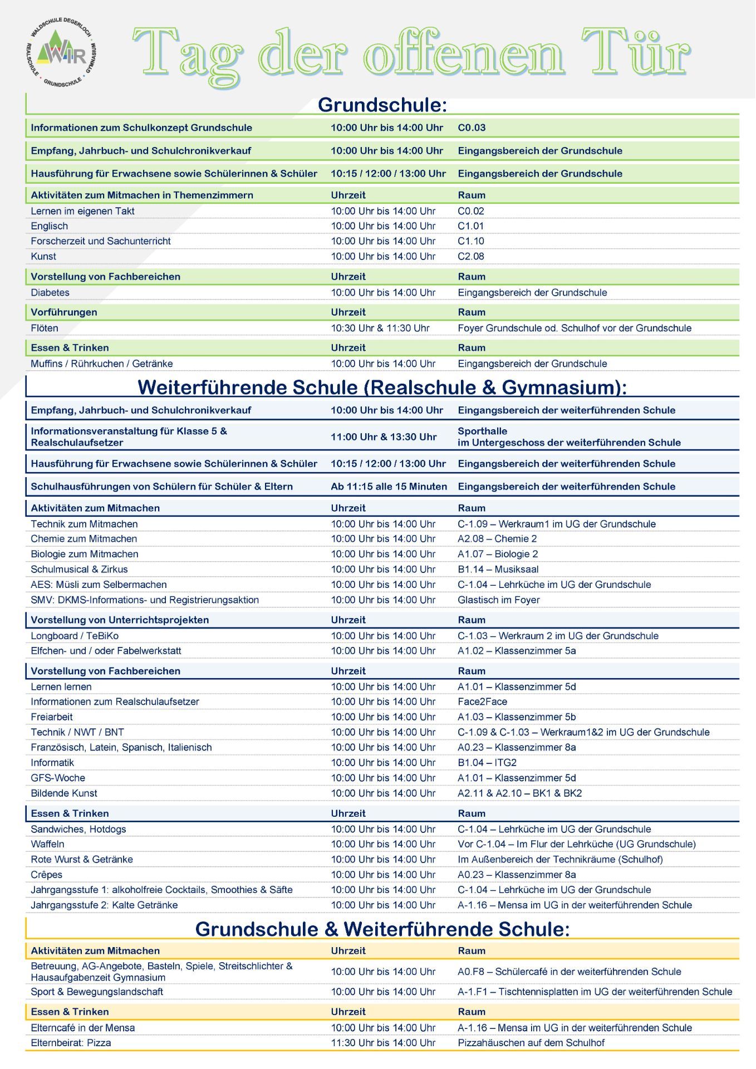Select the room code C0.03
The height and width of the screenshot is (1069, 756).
tap(472, 128)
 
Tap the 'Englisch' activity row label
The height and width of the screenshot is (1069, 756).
tap(50, 226)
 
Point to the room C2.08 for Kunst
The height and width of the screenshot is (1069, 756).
tap(471, 257)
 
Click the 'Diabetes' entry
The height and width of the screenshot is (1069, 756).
tap(50, 293)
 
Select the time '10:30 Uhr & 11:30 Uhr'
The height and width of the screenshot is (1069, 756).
tap(380, 328)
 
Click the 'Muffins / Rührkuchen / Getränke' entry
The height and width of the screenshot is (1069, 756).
tap(102, 364)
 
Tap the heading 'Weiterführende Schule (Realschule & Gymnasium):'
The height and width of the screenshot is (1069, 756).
tap(382, 388)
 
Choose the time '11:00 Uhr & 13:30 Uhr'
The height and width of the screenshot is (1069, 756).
tap(384, 437)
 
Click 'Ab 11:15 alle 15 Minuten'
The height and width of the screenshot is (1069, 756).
tap(389, 487)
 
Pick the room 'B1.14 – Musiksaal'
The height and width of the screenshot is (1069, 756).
tap(498, 570)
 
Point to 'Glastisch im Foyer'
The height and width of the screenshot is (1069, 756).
tap(499, 600)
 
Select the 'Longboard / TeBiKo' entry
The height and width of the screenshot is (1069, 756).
tap(75, 636)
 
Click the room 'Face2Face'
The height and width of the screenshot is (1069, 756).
tap(482, 702)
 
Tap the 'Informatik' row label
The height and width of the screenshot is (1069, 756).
tap(52, 763)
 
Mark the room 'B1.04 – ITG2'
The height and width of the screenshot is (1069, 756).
tap(487, 763)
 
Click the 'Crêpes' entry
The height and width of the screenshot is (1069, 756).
tap(47, 875)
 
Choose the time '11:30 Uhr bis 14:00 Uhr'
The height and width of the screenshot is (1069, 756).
tap(383, 1043)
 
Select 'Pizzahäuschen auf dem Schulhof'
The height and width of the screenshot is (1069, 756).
tap(531, 1043)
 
